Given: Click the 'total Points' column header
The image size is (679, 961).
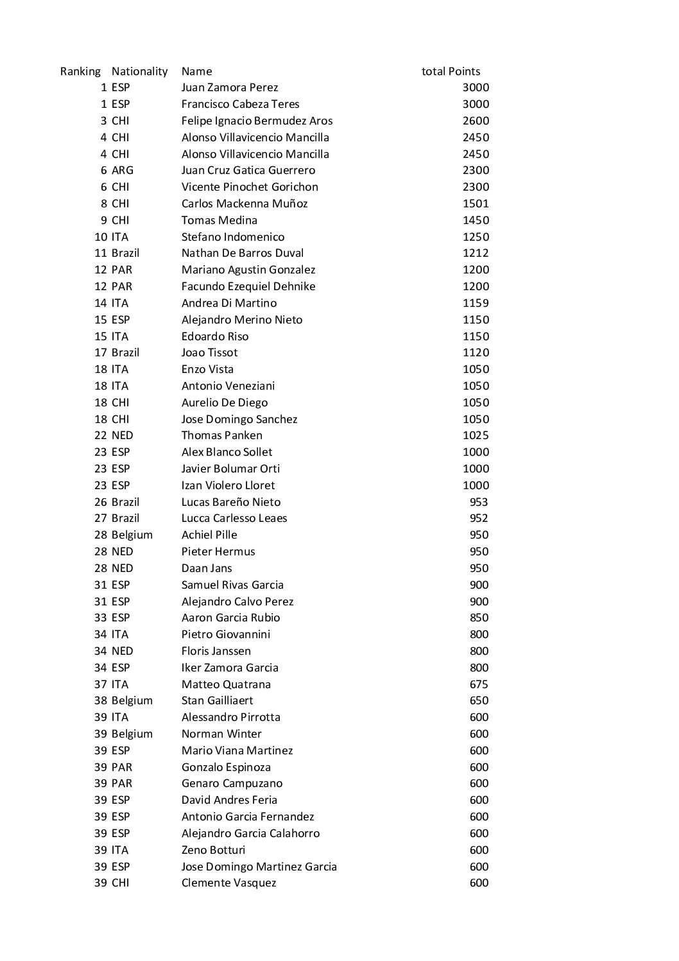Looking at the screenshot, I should [x=451, y=71].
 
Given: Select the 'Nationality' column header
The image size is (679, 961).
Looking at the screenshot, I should [x=139, y=71].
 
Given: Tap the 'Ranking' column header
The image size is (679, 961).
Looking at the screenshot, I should [x=80, y=71].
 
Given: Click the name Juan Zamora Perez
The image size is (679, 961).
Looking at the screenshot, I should [x=230, y=88].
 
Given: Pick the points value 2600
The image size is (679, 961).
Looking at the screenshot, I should [x=476, y=121].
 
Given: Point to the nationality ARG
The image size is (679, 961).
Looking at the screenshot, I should [x=122, y=170].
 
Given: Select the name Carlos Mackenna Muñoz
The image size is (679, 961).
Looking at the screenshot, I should [x=245, y=203].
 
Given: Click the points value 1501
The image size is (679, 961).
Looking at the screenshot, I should [x=476, y=203].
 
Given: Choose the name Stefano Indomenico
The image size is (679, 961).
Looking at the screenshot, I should [x=233, y=237].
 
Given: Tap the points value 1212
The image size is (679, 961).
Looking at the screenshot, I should [x=476, y=253].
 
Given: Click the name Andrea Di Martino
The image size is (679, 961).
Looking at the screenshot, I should [x=229, y=303].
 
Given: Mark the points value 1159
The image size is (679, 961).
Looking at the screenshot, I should [x=476, y=303].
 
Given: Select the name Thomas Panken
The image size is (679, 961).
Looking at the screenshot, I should [x=221, y=435].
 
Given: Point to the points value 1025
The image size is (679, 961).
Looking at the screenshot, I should [x=476, y=435].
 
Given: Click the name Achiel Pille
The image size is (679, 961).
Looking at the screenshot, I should [x=209, y=535].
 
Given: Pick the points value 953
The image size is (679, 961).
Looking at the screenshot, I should [x=479, y=502].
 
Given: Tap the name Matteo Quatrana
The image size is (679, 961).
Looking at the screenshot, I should [x=226, y=684].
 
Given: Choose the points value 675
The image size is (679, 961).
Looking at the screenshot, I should [x=479, y=684].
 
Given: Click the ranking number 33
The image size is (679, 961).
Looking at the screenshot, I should [x=101, y=618].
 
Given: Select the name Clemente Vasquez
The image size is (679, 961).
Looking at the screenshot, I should [x=228, y=883].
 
